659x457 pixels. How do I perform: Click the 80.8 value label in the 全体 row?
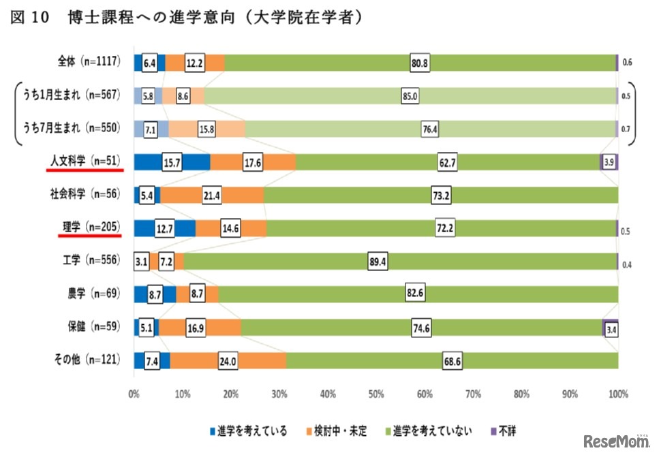[419, 63]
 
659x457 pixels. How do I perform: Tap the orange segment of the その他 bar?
[259, 360]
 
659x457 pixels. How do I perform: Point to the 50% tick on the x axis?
[376, 393]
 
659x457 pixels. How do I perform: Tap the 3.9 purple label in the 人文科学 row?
[609, 162]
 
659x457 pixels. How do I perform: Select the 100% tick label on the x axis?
[618, 393]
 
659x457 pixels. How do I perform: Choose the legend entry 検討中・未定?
[338, 431]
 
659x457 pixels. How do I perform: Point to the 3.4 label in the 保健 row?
[611, 328]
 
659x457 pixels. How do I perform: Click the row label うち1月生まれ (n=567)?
[72, 96]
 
